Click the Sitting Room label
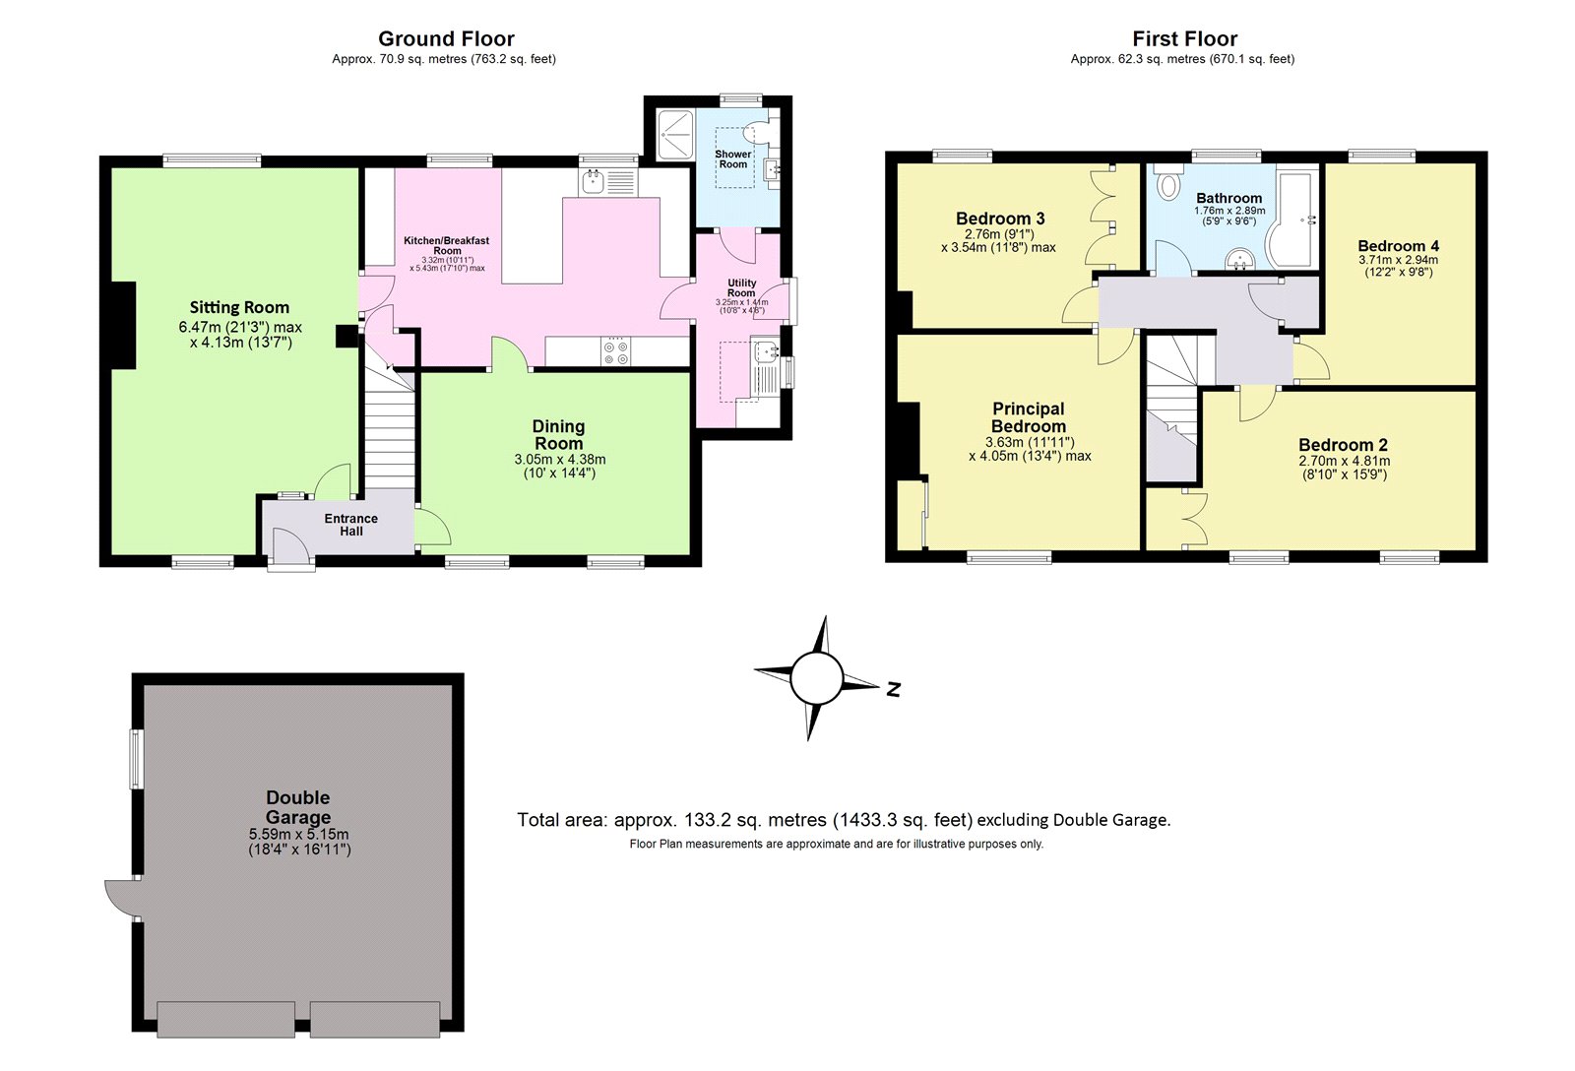click(x=239, y=307)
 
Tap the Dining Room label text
click(x=558, y=434)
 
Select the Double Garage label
click(x=297, y=807)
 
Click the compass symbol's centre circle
click(x=816, y=679)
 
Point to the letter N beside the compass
click(x=893, y=689)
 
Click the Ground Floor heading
click(x=446, y=38)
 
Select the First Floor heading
click(x=1184, y=38)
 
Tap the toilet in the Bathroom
click(x=1169, y=185)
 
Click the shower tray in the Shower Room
click(x=674, y=134)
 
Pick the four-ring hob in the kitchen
click(x=616, y=351)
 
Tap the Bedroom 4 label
click(x=1398, y=246)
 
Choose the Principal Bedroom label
click(x=1028, y=417)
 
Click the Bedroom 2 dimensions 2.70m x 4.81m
click(x=1344, y=461)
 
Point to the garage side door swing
click(x=120, y=897)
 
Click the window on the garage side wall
click(x=137, y=759)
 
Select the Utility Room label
click(x=741, y=287)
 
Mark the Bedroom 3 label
click(x=1000, y=219)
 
